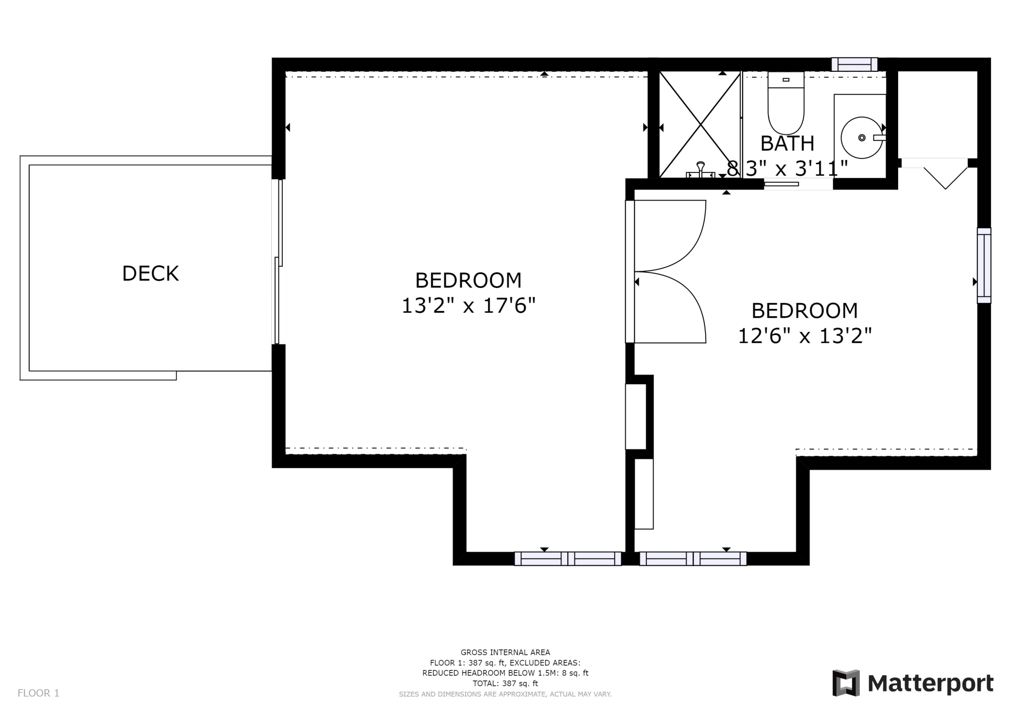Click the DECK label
[x=150, y=273]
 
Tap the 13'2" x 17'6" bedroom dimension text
[x=468, y=306]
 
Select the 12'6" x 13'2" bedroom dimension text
[x=804, y=336]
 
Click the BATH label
[x=787, y=143]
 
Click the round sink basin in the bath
[x=861, y=138]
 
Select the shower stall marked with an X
[x=699, y=125]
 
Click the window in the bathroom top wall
[x=854, y=65]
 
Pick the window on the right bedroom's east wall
[x=983, y=265]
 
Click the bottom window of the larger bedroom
[x=568, y=559]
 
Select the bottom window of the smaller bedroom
[x=693, y=559]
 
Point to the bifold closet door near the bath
[x=945, y=177]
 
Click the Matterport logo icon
[x=846, y=683]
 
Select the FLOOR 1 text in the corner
[x=38, y=693]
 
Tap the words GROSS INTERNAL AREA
[x=505, y=652]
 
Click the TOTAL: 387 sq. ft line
[x=505, y=683]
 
